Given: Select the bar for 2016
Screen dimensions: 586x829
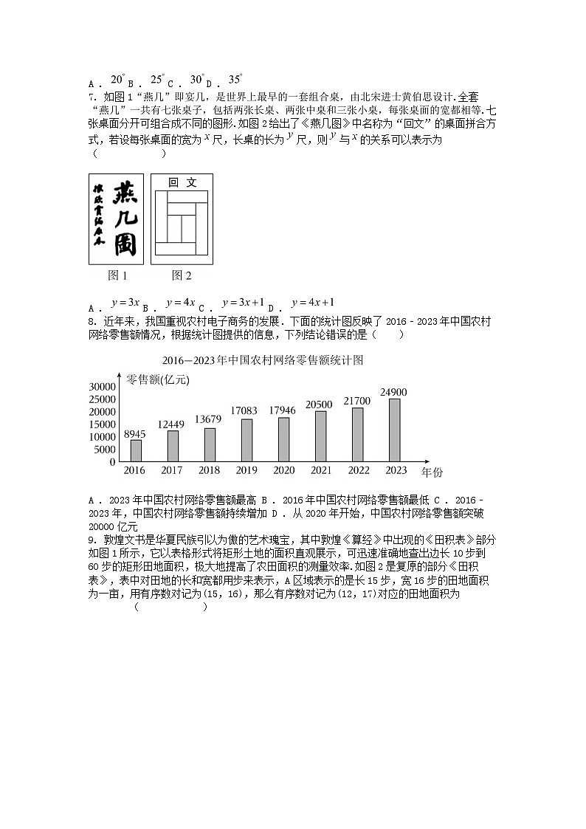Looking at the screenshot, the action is [135, 450].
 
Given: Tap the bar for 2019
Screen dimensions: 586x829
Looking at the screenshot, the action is [247, 440].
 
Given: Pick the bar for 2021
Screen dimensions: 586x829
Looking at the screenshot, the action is [320, 436].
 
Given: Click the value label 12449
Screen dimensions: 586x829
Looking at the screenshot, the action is [171, 424].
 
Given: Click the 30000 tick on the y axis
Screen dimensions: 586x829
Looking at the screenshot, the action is [102, 387].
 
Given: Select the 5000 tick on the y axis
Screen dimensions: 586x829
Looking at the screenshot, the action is [105, 449].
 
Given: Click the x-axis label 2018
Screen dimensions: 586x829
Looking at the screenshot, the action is [209, 470].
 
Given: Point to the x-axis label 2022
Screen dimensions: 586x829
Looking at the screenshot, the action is [358, 470].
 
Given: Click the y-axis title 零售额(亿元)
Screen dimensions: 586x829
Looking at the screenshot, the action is [158, 379].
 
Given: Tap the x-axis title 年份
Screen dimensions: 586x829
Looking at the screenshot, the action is [432, 471].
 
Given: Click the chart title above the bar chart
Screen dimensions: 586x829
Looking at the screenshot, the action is [263, 360].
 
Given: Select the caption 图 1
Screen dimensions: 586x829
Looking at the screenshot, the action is [118, 275].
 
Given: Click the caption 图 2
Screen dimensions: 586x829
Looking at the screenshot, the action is [182, 275].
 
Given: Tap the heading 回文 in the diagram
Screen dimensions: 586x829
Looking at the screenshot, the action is [182, 182].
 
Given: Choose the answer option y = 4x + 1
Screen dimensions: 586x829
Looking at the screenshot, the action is [314, 302].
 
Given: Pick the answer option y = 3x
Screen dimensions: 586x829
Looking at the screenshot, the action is [125, 302].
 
